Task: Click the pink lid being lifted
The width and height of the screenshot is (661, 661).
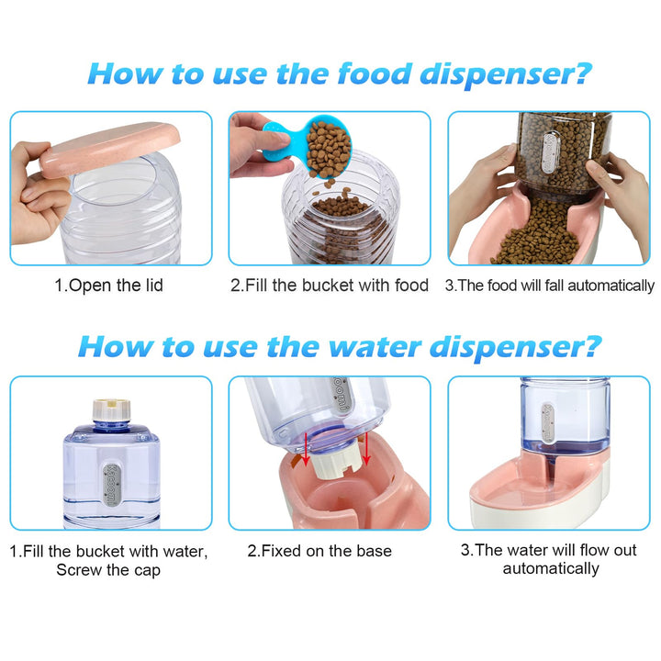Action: click(x=110, y=149)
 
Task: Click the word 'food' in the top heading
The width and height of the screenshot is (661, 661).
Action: click(x=375, y=73)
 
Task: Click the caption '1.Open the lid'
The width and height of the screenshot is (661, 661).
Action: click(x=108, y=286)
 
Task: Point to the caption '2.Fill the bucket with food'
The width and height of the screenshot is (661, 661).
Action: click(x=330, y=286)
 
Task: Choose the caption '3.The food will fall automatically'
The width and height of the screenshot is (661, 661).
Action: click(x=550, y=286)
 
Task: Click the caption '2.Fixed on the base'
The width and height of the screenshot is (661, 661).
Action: click(x=319, y=551)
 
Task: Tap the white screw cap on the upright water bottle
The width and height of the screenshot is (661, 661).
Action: click(x=111, y=409)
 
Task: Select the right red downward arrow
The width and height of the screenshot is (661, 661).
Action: click(x=366, y=448)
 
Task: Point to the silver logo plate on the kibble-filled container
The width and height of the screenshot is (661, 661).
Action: click(x=551, y=152)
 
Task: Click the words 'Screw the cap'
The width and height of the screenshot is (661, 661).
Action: click(x=108, y=570)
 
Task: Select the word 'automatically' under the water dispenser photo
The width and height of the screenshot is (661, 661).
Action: click(x=551, y=568)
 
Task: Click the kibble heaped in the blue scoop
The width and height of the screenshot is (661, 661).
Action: click(x=329, y=150)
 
